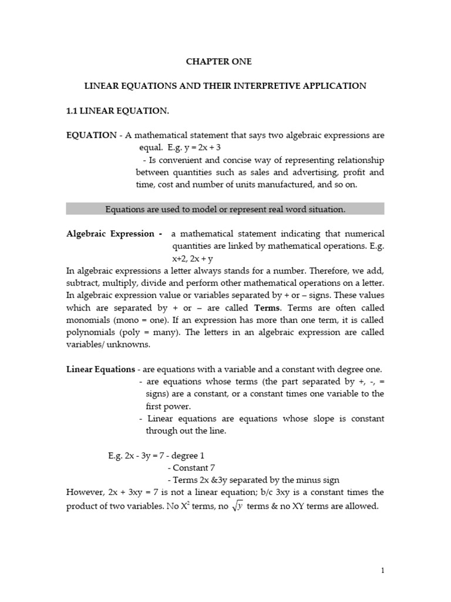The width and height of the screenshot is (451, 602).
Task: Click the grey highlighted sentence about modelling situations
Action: (225, 209)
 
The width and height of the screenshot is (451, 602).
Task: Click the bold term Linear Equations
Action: (99, 369)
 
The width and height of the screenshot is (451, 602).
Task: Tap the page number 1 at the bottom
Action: (382, 570)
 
